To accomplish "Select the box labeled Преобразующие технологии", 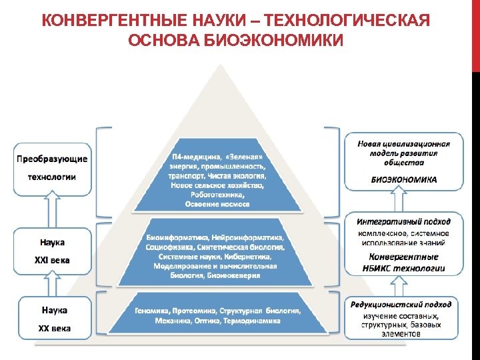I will pos(51,168).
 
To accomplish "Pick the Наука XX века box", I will pos(51,319).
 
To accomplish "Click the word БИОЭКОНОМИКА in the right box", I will pos(404,179).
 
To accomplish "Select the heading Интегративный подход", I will pos(403,221).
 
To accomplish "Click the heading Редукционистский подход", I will pos(403,304).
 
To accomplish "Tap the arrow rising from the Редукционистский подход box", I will pos(400,286).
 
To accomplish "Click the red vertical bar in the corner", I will pos(475,33).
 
